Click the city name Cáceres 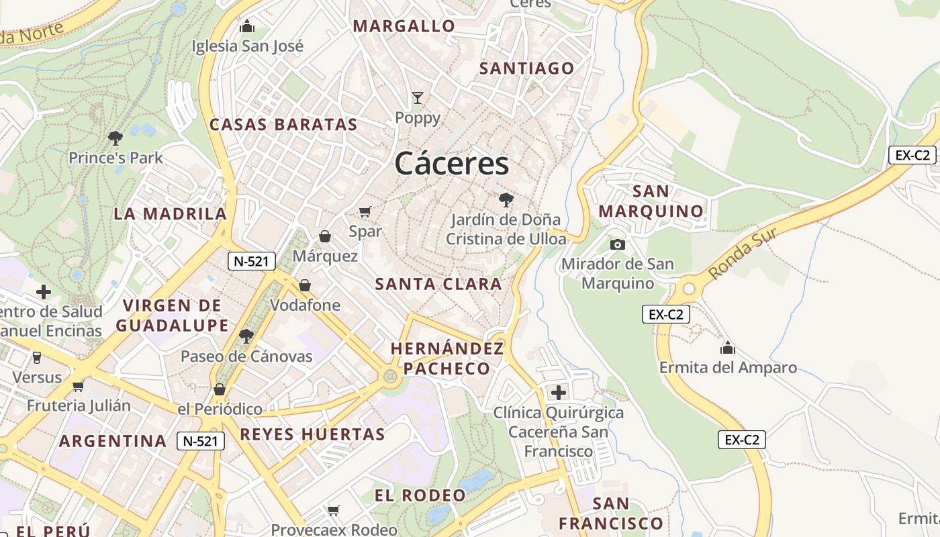tap(452, 163)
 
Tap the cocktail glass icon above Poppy tap(418, 98)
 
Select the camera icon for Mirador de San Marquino tap(618, 244)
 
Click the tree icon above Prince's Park tap(115, 138)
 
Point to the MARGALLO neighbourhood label tap(404, 26)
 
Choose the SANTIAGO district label tap(527, 68)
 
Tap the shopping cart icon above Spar tap(365, 212)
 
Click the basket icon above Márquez tap(325, 236)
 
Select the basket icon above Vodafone tap(305, 285)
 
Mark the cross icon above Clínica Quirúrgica tap(558, 393)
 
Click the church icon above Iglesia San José tap(247, 27)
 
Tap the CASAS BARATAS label tap(283, 124)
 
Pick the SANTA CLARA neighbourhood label tap(438, 284)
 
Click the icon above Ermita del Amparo tap(728, 348)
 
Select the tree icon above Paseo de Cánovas tap(246, 336)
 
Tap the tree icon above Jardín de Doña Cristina tap(505, 199)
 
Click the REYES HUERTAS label tap(313, 434)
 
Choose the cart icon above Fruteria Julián tap(79, 386)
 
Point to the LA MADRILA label tap(171, 213)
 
